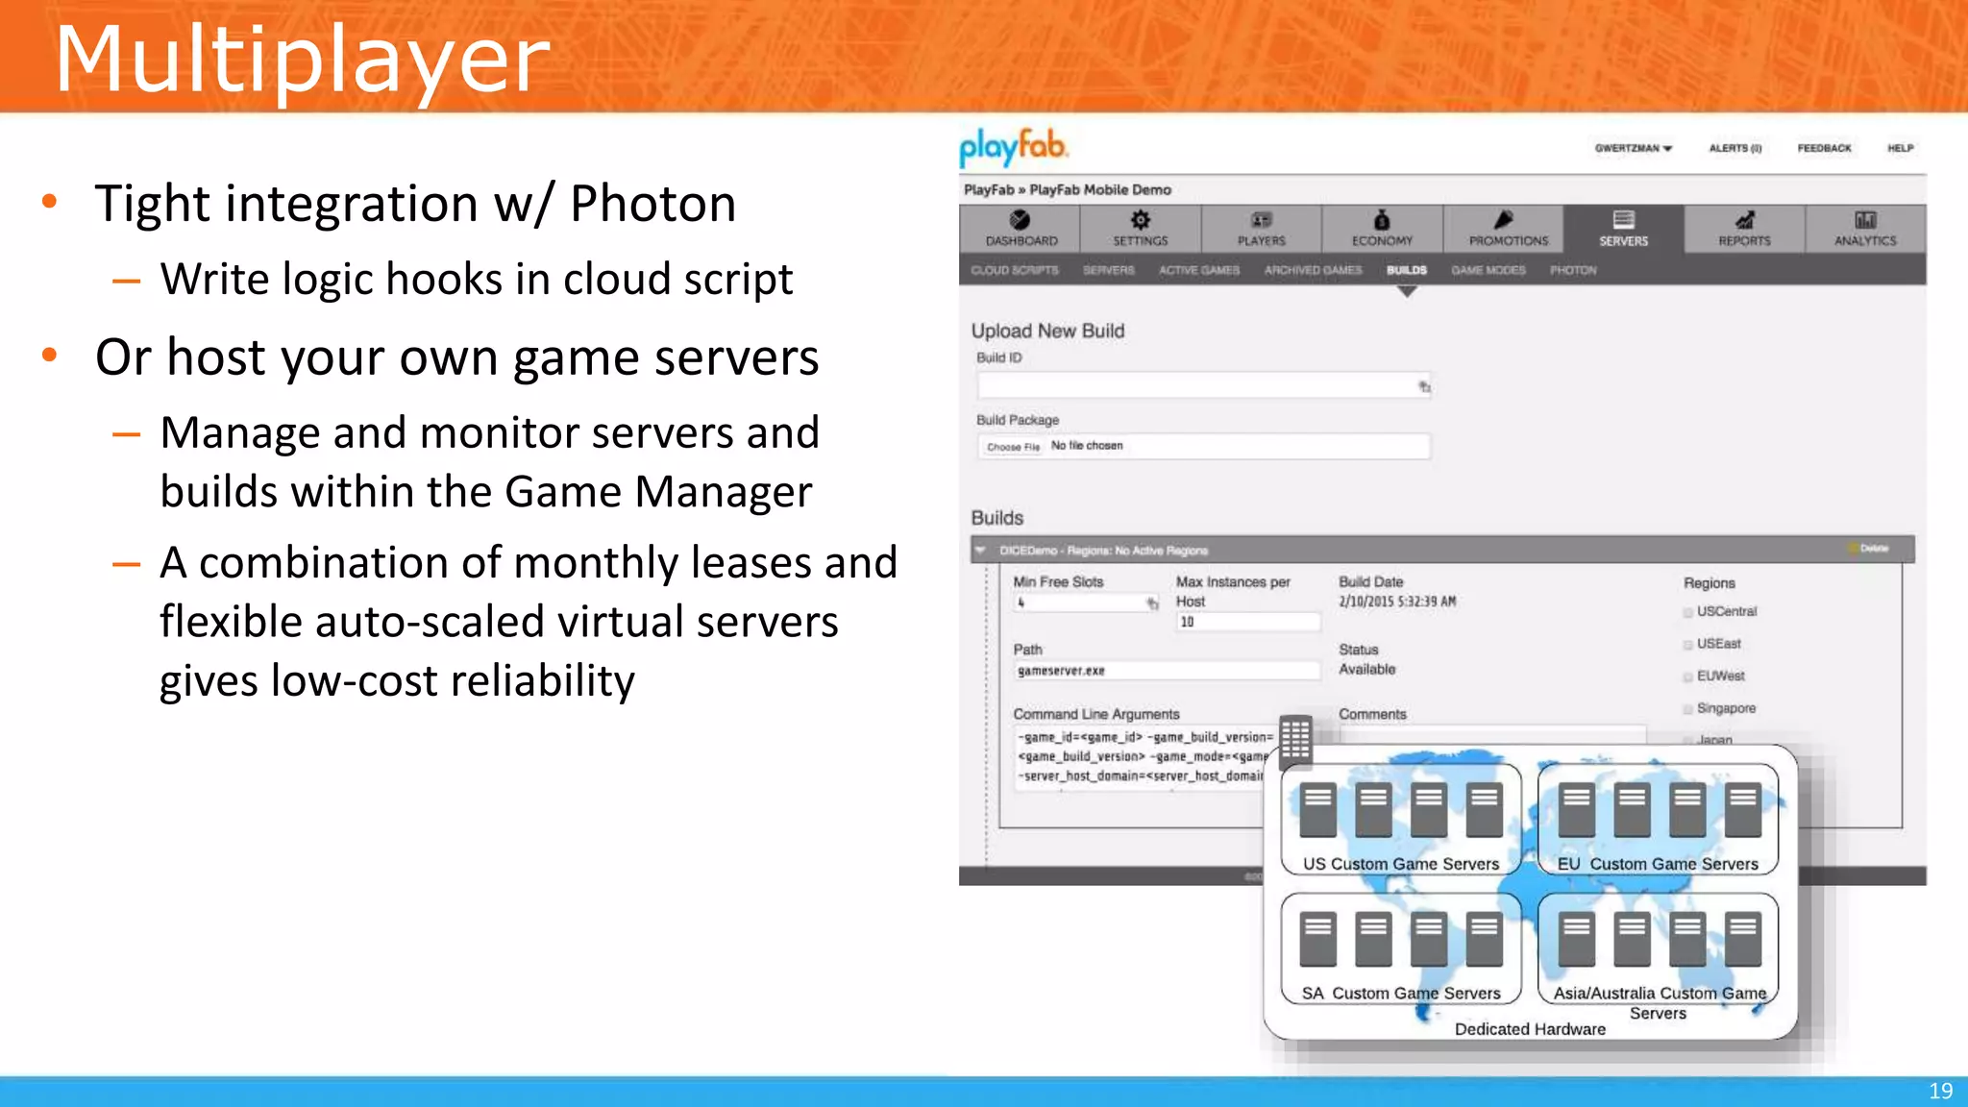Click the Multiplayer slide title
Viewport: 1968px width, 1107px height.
pos(302,60)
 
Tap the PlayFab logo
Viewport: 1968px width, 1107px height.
pos(1014,147)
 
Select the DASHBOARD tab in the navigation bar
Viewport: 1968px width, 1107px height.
pos(1021,230)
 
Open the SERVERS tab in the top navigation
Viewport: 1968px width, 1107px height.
pos(1623,230)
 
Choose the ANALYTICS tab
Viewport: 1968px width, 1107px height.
pos(1864,230)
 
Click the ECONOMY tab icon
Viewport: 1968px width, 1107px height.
pos(1382,220)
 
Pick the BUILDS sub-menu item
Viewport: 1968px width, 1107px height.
pos(1406,270)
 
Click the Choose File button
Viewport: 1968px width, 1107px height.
pos(1013,447)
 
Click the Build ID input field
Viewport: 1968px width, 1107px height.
pos(1196,386)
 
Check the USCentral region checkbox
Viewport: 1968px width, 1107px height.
pos(1688,612)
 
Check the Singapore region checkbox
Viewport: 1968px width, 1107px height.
pos(1688,709)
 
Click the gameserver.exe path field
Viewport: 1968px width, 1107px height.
pos(1166,671)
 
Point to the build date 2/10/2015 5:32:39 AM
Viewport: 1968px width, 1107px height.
pos(1397,602)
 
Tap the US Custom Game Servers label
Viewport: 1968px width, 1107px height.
pos(1400,864)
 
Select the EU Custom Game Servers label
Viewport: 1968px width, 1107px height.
pos(1658,864)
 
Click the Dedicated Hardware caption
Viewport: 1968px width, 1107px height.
pos(1530,1029)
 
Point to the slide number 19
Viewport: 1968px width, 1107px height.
pos(1940,1091)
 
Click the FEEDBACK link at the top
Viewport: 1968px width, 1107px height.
pos(1824,148)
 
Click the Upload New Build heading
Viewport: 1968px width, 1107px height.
pos(1047,331)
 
